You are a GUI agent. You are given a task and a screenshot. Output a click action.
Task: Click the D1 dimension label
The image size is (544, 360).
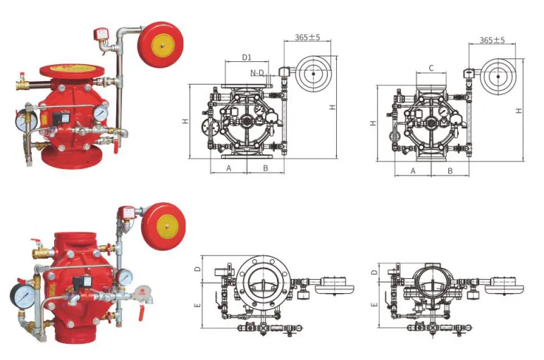tap(247, 57)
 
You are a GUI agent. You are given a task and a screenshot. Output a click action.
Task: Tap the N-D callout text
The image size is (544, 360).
tap(257, 73)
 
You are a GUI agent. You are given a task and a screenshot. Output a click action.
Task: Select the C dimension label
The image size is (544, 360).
tap(431, 68)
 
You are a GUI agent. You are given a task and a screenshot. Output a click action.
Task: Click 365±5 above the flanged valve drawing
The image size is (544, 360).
tap(307, 37)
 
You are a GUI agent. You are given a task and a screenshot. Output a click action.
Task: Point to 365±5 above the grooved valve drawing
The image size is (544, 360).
tap(493, 40)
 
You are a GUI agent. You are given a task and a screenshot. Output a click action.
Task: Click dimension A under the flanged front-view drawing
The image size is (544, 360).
tap(228, 168)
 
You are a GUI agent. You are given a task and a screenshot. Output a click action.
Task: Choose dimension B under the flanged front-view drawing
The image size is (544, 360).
tap(266, 168)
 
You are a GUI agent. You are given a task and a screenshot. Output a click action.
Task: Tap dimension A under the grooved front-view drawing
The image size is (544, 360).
tap(413, 171)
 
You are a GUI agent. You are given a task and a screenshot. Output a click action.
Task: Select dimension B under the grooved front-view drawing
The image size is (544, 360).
tap(450, 171)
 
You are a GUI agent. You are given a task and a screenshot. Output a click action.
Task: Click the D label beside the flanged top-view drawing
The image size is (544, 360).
tap(197, 269)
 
